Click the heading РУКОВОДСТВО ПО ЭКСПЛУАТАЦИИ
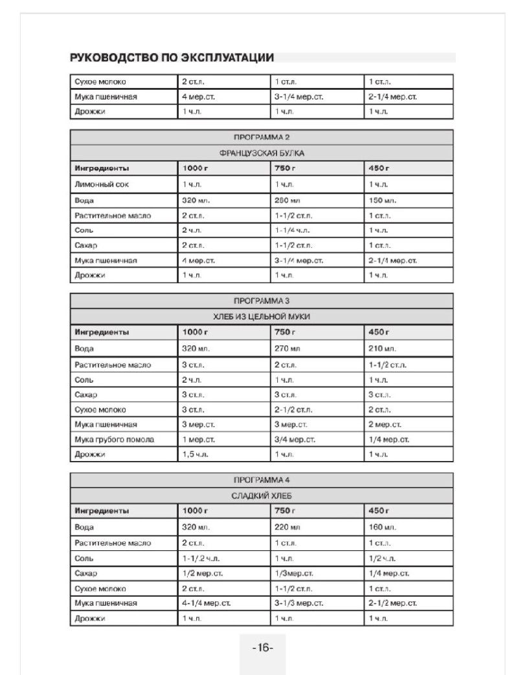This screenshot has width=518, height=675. coord(172,58)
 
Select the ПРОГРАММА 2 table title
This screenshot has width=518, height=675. coord(262,138)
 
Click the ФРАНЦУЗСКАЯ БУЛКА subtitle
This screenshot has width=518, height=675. coord(262,154)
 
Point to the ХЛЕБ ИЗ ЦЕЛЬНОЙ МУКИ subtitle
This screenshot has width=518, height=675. coord(262,317)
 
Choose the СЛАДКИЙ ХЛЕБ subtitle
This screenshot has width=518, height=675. coord(262,496)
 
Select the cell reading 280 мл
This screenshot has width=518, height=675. coord(287,200)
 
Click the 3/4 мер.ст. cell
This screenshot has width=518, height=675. coord(295,440)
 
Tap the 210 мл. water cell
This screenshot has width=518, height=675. coord(382,348)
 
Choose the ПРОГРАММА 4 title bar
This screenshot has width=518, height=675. coord(262,480)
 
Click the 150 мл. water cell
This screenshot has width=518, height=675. coord(382,200)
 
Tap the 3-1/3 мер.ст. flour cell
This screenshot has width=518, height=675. coord(298,603)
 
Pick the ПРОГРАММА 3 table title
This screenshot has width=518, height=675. coord(262,301)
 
